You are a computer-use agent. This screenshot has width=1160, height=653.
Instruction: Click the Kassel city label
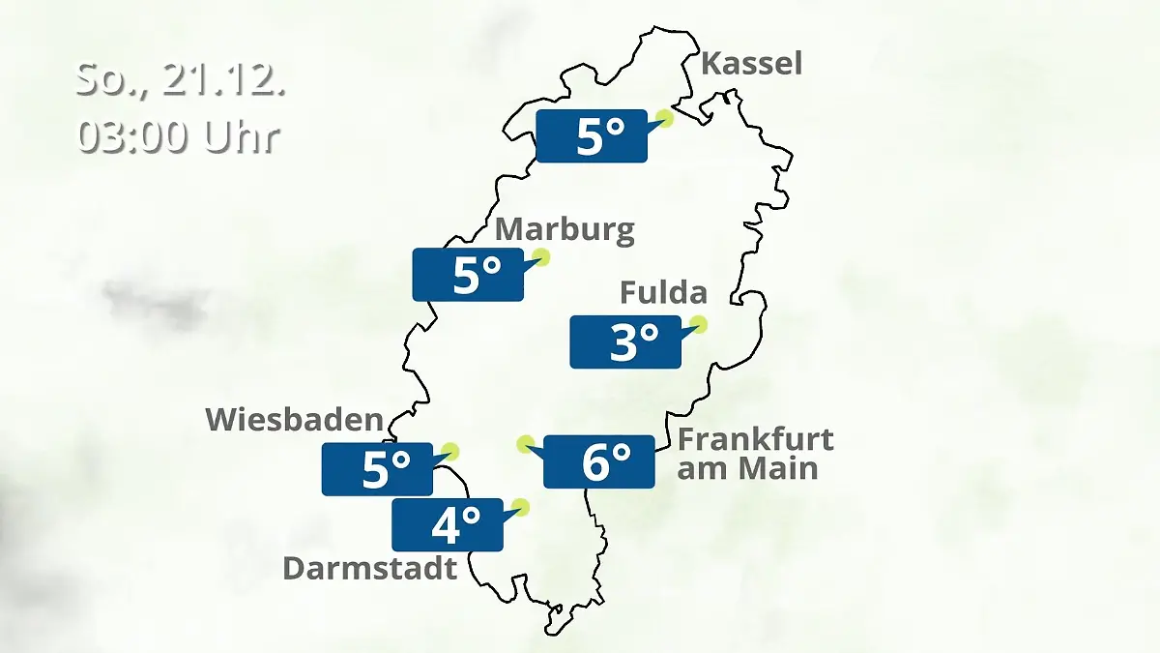coord(751,65)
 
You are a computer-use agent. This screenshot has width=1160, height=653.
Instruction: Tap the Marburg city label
coord(565,230)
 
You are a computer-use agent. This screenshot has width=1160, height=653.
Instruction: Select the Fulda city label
coord(663,292)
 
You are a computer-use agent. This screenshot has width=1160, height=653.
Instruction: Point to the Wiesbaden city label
coord(295,420)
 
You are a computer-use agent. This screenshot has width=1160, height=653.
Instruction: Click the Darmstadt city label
coord(369,568)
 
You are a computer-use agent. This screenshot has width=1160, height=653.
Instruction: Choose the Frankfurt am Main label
coord(754,454)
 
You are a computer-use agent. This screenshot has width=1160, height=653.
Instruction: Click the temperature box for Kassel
coord(591,135)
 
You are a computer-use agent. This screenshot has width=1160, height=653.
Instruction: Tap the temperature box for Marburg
coord(468,275)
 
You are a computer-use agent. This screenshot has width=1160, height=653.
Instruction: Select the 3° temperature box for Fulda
coord(625,341)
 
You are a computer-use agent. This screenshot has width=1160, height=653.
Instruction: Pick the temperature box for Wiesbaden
coord(377,469)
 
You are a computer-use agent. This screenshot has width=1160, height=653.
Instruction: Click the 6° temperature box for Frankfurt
coord(599,461)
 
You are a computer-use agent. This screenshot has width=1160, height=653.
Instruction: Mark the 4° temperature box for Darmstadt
coord(447,524)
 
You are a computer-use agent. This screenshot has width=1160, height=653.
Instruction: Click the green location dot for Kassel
coord(664,118)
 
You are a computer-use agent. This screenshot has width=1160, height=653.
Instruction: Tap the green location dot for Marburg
coord(541,256)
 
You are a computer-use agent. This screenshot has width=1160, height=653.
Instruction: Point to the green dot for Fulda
coord(699,324)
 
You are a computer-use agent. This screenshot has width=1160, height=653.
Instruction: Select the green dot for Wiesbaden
coord(449,451)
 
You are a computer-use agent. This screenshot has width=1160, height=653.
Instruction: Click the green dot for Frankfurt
coord(525,444)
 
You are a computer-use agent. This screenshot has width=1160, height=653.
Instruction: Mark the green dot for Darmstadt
coord(521,506)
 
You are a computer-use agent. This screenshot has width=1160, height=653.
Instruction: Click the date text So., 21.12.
coord(181,80)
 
